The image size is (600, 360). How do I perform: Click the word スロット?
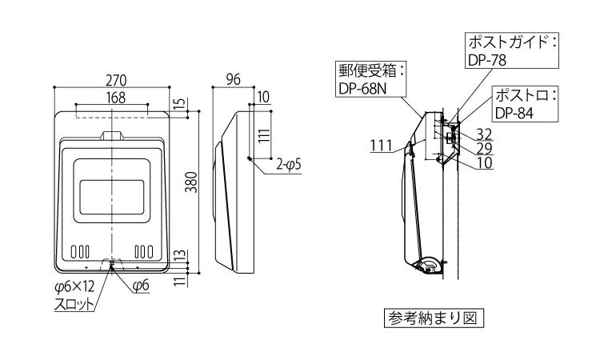coord(73,304)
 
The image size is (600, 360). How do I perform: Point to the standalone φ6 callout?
coord(141,286)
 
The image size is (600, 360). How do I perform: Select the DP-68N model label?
coord(362,89)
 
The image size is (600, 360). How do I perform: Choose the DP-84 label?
coord(514,112)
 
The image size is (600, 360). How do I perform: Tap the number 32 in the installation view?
coord(484,134)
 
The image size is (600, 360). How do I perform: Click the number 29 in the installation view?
coord(484,148)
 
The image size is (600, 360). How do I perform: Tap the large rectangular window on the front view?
coord(111,189)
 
